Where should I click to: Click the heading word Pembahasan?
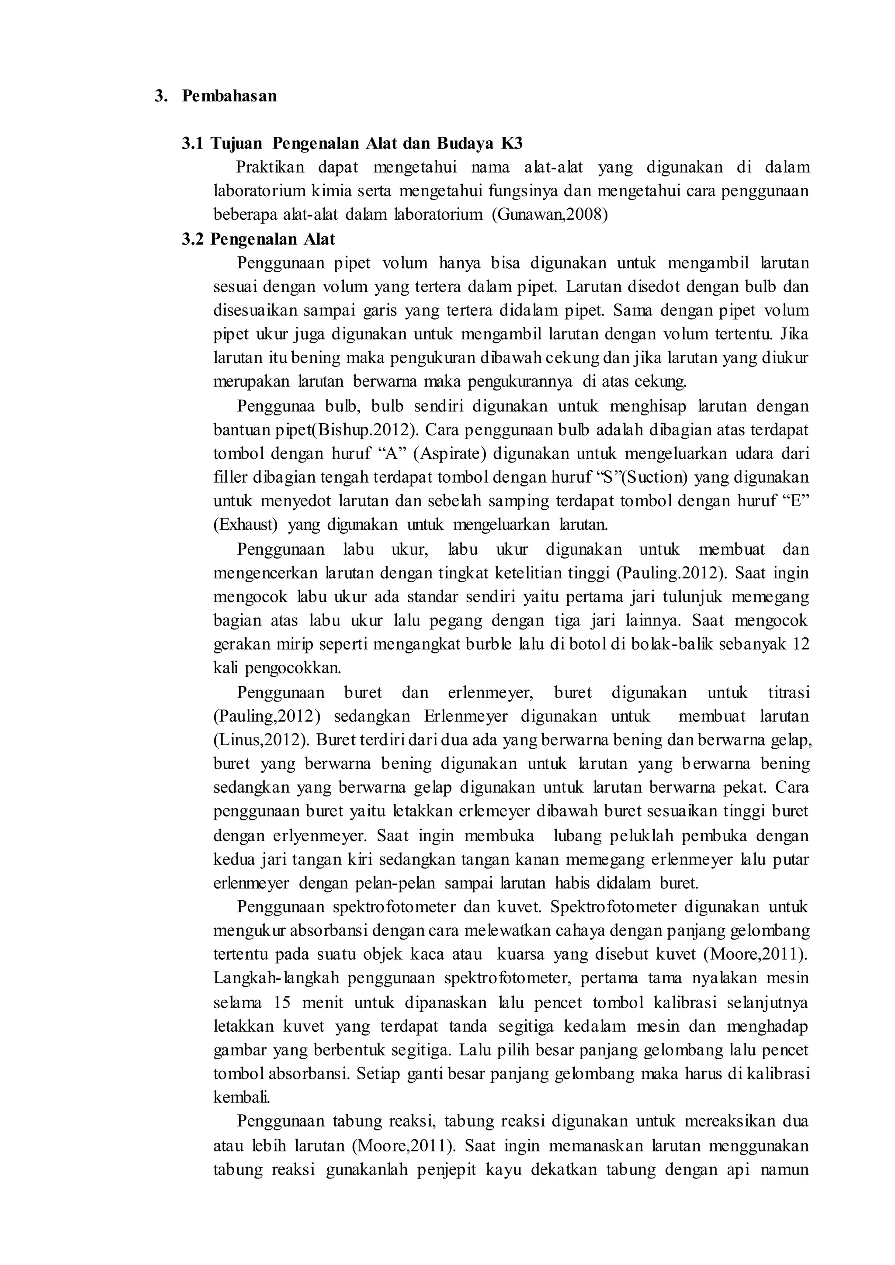pos(229,96)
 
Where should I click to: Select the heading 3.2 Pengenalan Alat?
pos(258,239)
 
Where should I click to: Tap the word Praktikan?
pos(270,167)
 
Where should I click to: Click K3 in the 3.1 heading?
pos(511,144)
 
